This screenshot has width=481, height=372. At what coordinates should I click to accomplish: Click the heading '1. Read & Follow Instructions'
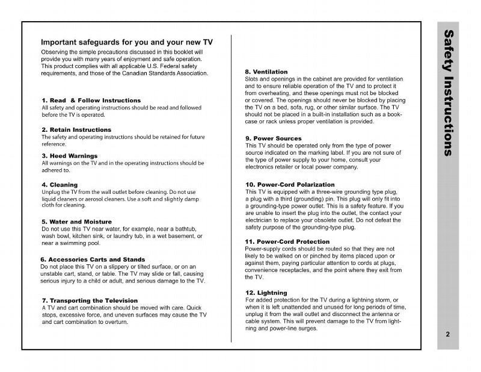pyautogui.click(x=91, y=100)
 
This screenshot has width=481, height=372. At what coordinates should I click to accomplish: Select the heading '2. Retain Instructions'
pyautogui.click(x=76, y=129)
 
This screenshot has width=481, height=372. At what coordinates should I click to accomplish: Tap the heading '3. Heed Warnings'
pyautogui.click(x=70, y=155)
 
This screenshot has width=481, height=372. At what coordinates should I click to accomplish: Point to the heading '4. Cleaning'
pyautogui.click(x=60, y=184)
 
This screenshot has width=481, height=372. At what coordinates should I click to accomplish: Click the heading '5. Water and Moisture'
pyautogui.click(x=77, y=222)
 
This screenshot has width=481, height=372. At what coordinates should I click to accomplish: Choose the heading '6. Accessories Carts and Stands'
pyautogui.click(x=92, y=259)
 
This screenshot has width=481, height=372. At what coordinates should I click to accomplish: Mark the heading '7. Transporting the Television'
pyautogui.click(x=90, y=300)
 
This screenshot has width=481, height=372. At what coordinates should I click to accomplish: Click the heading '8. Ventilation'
pyautogui.click(x=266, y=72)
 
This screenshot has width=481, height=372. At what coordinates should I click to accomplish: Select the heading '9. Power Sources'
pyautogui.click(x=274, y=138)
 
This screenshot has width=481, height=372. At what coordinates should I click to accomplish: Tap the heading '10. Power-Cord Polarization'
pyautogui.click(x=290, y=184)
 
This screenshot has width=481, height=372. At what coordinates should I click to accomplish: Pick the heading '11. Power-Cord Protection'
pyautogui.click(x=287, y=241)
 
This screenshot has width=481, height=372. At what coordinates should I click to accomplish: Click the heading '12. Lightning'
pyautogui.click(x=266, y=293)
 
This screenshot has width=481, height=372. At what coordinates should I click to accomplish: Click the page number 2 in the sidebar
pyautogui.click(x=448, y=335)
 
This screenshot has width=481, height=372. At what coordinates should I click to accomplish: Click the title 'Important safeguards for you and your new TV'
pyautogui.click(x=127, y=43)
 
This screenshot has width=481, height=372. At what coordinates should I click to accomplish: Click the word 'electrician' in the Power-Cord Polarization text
pyautogui.click(x=262, y=220)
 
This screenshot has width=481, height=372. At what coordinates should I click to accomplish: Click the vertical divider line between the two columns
pyautogui.click(x=231, y=181)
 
